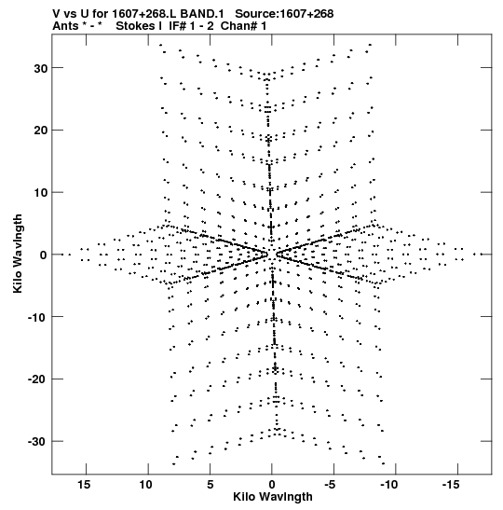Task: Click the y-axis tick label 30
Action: coord(40,69)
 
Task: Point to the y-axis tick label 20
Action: coord(40,131)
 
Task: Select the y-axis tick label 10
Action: coord(40,193)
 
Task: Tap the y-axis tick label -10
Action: coord(37,317)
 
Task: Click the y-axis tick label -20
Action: coord(37,379)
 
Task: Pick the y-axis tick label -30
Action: coord(37,442)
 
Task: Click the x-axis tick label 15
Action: coord(84,485)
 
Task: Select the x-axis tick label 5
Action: coord(211,485)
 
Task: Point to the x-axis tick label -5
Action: coord(330,485)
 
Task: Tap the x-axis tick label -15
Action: coord(451,485)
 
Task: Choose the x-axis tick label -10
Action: coord(389,485)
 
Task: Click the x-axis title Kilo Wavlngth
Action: coord(273,497)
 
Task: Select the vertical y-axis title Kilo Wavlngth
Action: coord(18,254)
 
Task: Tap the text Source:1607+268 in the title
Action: coord(284,14)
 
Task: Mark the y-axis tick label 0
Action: coord(43,255)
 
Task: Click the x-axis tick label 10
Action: coord(146,485)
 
